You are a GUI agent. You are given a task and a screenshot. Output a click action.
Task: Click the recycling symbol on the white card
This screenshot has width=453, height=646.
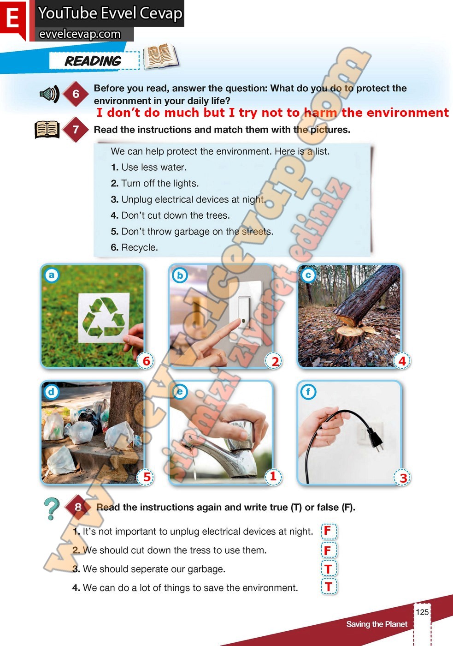(103, 317)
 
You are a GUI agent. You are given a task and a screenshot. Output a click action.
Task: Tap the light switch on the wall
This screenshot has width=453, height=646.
(244, 312)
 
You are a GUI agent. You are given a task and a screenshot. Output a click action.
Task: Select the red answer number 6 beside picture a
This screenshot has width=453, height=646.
(146, 361)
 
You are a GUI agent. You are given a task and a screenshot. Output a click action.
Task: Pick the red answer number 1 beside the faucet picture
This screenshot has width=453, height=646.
(273, 476)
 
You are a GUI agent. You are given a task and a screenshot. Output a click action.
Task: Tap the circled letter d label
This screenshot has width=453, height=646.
(52, 392)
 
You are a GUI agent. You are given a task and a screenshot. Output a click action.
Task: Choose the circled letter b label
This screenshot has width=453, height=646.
(180, 275)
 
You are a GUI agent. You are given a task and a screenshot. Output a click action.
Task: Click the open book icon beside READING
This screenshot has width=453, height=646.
(161, 56)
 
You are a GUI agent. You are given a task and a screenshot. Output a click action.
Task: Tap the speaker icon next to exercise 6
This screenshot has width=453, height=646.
(49, 94)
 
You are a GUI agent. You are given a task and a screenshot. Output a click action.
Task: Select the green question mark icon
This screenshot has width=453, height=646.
(52, 508)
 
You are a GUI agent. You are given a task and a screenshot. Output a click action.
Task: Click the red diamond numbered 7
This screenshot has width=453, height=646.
(76, 130)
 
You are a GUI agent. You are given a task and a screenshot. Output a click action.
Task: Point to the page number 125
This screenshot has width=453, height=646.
(422, 612)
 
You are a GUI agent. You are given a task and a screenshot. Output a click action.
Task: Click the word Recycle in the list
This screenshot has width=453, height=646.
(139, 247)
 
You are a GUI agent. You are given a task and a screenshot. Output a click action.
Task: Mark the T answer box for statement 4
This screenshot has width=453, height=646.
(329, 586)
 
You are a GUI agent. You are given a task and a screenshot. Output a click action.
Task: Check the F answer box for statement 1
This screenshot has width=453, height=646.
(329, 531)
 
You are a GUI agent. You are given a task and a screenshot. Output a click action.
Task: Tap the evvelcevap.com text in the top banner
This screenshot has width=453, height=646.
(80, 34)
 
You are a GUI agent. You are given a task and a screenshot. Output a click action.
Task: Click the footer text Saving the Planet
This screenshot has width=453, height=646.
(377, 624)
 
